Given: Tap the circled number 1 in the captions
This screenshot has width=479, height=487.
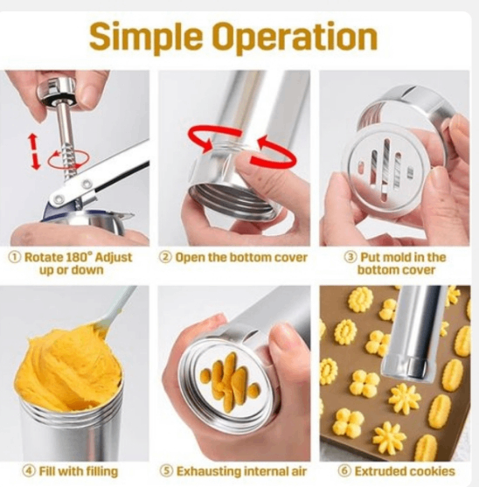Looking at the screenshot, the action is tap(15, 257).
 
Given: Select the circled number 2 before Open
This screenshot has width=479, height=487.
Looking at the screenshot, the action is tap(165, 257).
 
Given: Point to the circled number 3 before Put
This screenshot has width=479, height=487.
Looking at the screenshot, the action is tap(351, 257).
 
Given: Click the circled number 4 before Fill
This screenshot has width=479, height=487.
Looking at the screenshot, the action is tap(29, 471).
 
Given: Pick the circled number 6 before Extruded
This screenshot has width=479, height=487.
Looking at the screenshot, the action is tap(344, 471).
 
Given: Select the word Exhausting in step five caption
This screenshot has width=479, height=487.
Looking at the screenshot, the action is tap(208, 471).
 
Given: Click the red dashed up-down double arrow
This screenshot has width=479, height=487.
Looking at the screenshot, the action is tap(35, 151).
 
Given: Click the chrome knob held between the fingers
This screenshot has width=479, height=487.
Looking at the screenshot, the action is tap(58, 90).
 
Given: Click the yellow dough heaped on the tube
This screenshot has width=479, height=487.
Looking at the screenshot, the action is tap(68, 367).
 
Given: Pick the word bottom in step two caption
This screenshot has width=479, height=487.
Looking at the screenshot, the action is tap(243, 257).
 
